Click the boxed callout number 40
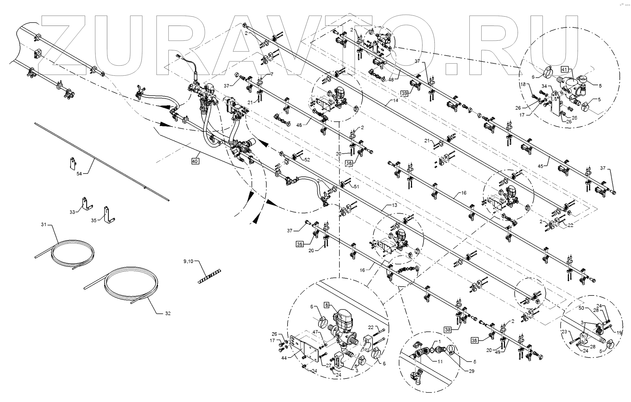(x=195, y=161)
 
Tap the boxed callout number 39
(x=404, y=93)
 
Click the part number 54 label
(x=79, y=174)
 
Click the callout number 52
(x=307, y=160)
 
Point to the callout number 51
(x=356, y=187)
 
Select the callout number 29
(x=471, y=371)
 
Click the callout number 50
(x=581, y=308)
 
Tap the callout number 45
(x=540, y=166)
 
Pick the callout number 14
(x=395, y=100)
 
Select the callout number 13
(x=394, y=205)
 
